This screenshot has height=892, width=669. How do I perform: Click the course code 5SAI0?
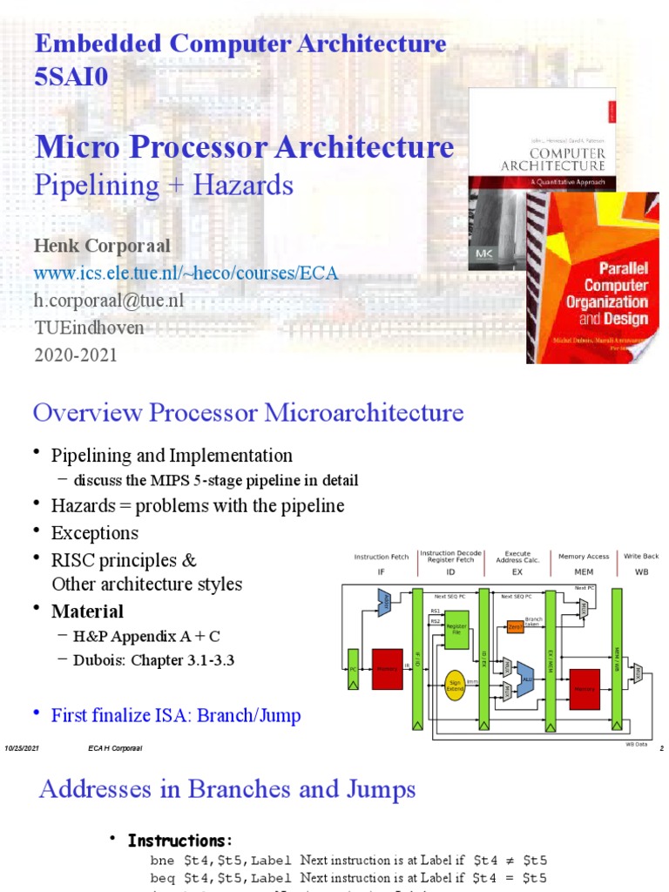[x=71, y=78]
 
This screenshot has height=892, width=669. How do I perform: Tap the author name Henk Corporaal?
[x=102, y=246]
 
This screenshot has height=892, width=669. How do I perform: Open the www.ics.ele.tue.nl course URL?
[x=186, y=274]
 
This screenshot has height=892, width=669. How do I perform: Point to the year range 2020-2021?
[x=75, y=355]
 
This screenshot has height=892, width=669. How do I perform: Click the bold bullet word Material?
[x=87, y=611]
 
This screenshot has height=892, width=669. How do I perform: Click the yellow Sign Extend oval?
[x=454, y=684]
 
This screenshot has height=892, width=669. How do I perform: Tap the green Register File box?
[x=456, y=629]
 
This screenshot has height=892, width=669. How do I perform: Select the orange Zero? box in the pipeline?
[x=515, y=625]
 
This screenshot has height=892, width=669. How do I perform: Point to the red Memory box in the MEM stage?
[x=585, y=688]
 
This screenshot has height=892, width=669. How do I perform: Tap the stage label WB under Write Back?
[x=640, y=572]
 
